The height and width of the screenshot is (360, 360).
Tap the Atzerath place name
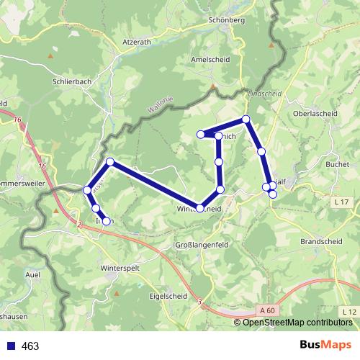click(x=137, y=42)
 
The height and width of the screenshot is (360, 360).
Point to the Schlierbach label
click(x=72, y=82)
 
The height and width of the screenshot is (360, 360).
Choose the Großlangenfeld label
click(x=202, y=246)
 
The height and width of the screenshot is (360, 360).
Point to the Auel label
click(x=32, y=275)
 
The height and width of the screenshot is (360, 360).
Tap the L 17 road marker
click(x=341, y=203)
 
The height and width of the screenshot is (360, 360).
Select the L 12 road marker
click(x=349, y=311)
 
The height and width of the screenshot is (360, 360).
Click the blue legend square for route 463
click(x=11, y=346)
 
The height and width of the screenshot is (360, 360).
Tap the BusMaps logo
click(x=325, y=346)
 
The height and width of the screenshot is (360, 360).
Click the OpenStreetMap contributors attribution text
click(x=293, y=322)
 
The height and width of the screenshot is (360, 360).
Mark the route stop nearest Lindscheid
click(x=246, y=119)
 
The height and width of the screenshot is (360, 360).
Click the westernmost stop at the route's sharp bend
click(x=87, y=189)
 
